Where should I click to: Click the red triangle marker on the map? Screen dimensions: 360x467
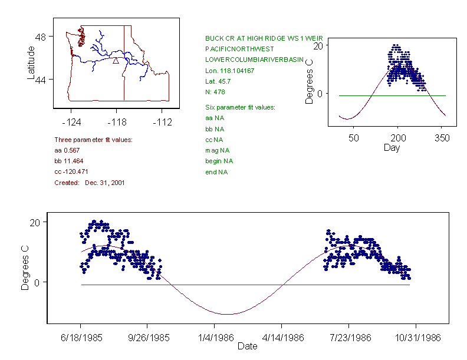tap(116, 60)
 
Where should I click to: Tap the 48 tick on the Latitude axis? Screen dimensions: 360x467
tap(41, 37)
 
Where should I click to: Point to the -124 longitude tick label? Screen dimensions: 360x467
tap(71, 122)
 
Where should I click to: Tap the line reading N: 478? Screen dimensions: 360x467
tap(215, 92)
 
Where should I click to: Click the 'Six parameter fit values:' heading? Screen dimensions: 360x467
tap(240, 107)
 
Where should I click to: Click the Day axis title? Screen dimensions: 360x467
tap(392, 147)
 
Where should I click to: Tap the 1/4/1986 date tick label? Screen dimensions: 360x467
tap(214, 338)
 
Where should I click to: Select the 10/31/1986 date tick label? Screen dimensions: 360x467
tap(416, 338)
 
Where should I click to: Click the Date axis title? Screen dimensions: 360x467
tap(248, 346)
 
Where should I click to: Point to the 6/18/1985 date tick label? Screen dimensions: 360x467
tap(81, 338)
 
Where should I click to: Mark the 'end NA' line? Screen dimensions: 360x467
tap(216, 172)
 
